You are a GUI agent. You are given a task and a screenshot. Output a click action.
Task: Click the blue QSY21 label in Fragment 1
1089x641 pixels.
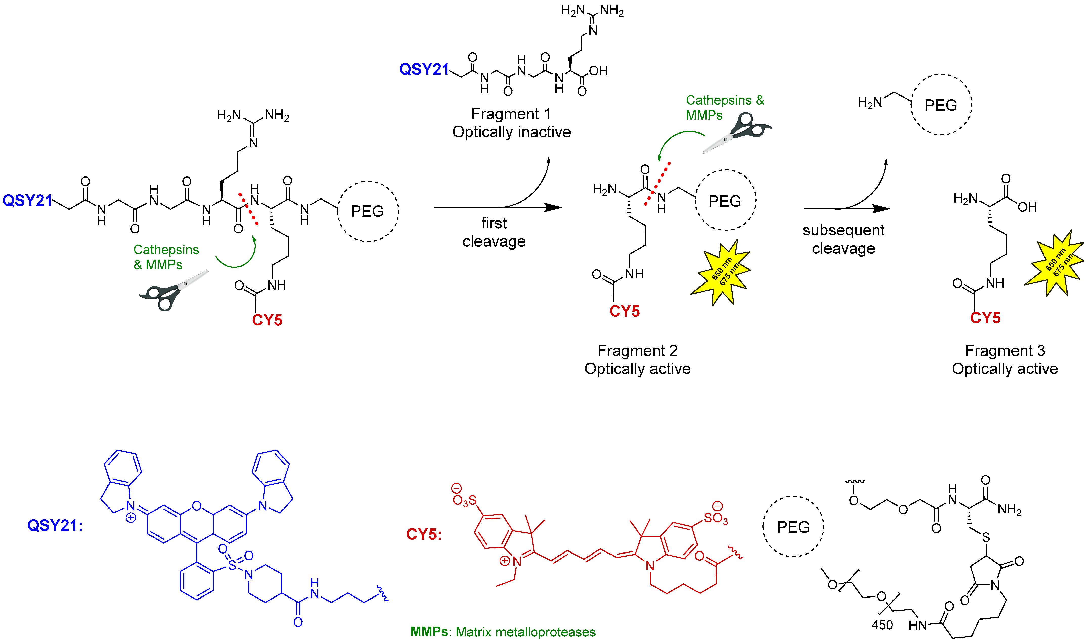424,70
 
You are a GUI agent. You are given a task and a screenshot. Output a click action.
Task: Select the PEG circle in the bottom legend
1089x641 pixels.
793,526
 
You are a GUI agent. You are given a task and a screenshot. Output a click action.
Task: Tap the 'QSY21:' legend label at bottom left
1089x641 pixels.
55,526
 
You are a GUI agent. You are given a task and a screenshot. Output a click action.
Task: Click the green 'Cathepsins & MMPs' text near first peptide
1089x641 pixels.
166,257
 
